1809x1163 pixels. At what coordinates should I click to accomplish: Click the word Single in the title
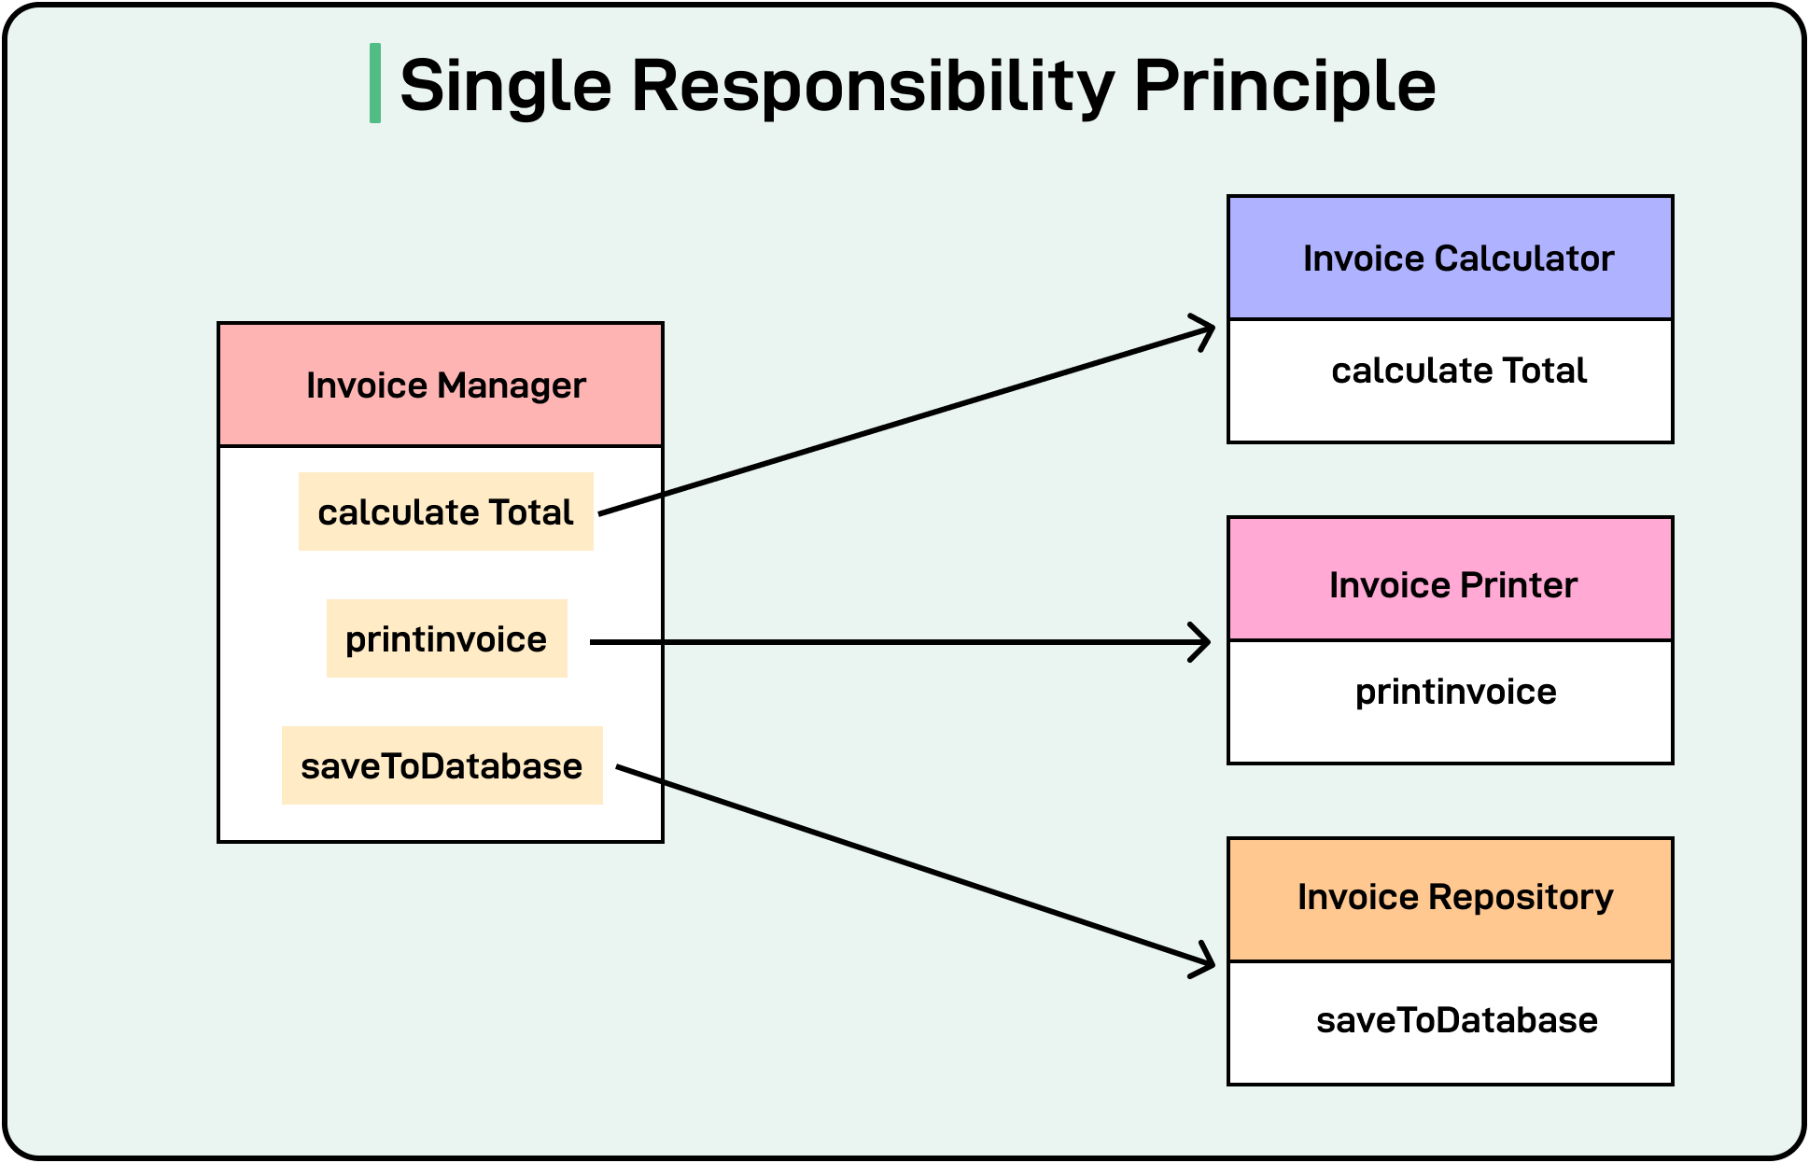pos(505,86)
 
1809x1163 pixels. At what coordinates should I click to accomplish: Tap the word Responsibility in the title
pos(873,86)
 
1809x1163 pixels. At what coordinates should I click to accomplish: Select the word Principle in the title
pos(1284,86)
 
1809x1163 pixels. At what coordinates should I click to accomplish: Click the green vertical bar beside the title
pos(375,83)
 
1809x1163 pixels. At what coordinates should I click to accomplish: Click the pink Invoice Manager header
pos(441,385)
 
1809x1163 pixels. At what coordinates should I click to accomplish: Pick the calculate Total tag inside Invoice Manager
pos(445,511)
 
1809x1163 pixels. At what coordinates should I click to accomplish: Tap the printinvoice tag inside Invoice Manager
pos(446,638)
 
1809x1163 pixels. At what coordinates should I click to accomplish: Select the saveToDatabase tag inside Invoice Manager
pos(442,765)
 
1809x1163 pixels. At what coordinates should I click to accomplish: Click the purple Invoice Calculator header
pos(1450,258)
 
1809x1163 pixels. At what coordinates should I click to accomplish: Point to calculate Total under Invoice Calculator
pos(1458,371)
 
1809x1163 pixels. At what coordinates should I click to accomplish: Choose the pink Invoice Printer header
pos(1450,583)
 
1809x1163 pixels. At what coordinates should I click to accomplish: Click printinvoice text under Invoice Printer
pos(1455,692)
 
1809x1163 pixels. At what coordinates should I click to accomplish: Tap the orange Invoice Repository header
pos(1450,898)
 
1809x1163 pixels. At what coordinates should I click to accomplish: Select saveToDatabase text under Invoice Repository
pos(1456,1020)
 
